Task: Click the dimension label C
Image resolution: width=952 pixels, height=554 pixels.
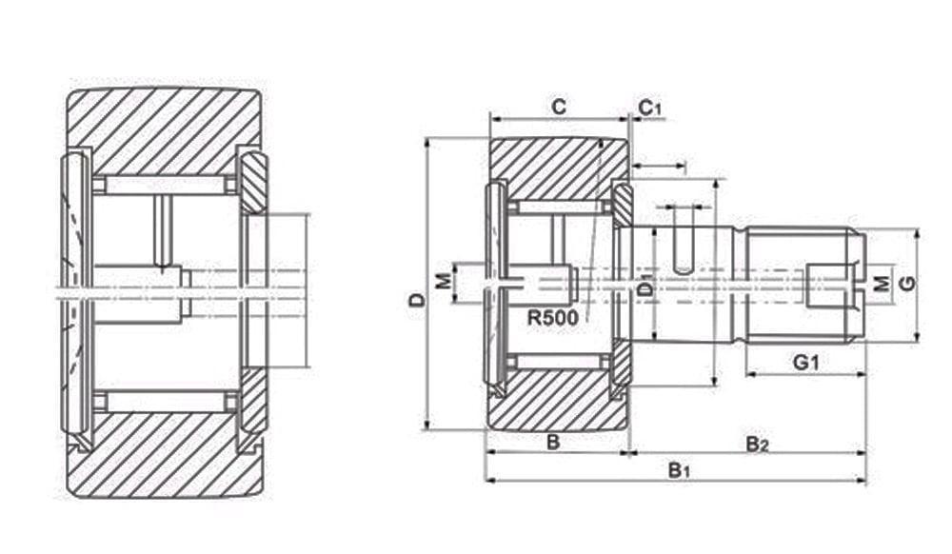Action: [x=559, y=108]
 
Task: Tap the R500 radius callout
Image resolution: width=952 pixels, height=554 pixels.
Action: [x=552, y=318]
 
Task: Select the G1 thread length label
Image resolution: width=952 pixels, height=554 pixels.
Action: [x=805, y=362]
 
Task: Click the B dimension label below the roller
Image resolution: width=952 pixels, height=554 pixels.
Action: [x=551, y=442]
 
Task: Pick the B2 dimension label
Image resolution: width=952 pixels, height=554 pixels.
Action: [x=757, y=443]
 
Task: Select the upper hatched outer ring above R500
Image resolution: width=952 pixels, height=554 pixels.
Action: [x=557, y=167]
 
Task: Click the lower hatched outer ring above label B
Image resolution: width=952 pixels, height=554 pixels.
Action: [x=557, y=400]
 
